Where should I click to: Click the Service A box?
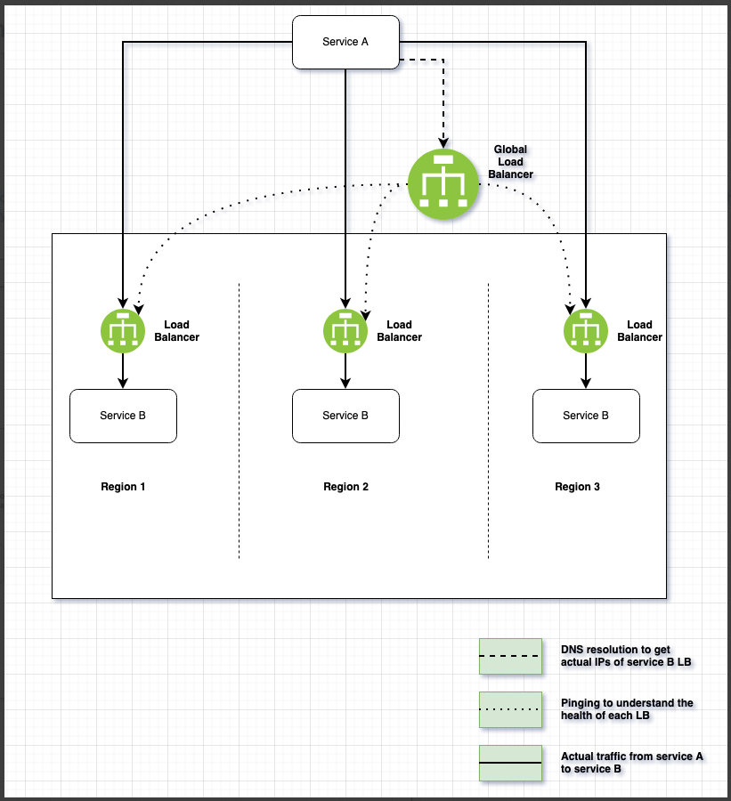point(345,42)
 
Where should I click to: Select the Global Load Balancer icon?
point(443,184)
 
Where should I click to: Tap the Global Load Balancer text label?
point(510,162)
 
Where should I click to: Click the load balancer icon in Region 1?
point(123,331)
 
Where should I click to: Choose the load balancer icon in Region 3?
point(586,331)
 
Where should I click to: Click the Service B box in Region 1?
point(123,416)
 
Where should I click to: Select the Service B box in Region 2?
point(345,416)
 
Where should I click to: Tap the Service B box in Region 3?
point(586,416)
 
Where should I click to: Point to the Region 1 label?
point(123,487)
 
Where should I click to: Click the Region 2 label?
point(345,487)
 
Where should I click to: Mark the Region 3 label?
point(577,487)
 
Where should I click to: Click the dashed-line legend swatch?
point(510,656)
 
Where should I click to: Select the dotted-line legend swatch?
point(510,709)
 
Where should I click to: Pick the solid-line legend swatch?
point(510,763)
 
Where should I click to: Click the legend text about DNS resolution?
point(615,656)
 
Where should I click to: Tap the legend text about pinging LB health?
point(627,709)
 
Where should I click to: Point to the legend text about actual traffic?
point(631,763)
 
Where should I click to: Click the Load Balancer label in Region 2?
point(399,331)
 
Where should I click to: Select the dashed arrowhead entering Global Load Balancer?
point(443,142)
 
